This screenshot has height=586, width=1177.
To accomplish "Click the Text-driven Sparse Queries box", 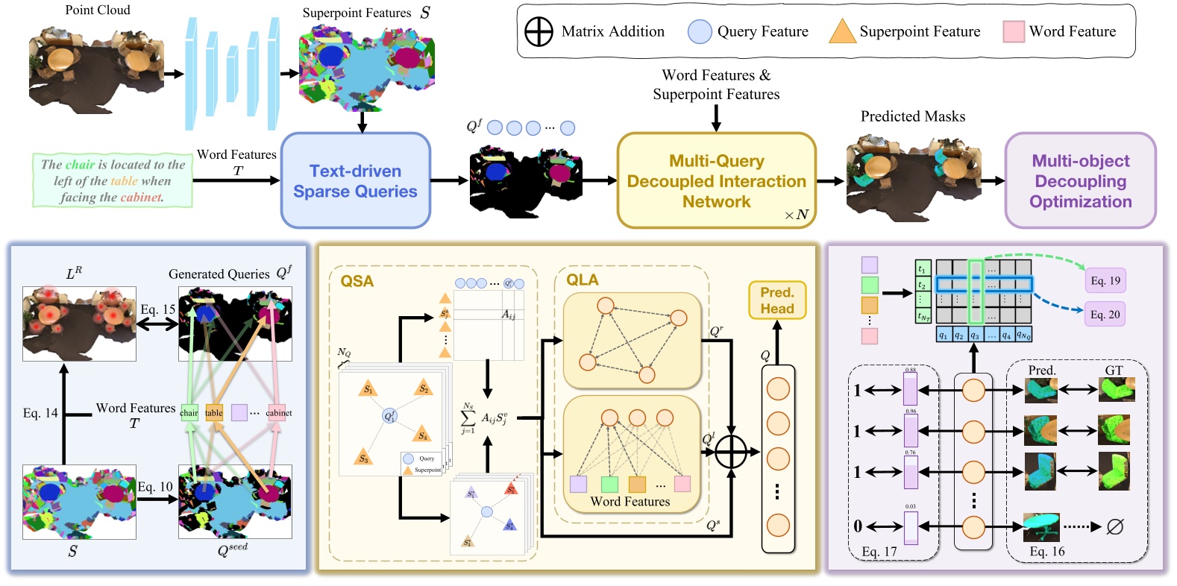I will click(355, 180).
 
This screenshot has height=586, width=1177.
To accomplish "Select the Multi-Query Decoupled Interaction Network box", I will click(716, 180).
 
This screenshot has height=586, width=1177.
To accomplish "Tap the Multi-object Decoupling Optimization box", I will click(1080, 180).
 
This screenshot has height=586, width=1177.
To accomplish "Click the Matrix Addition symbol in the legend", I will click(539, 31).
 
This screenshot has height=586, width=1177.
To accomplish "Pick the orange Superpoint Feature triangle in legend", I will click(842, 31).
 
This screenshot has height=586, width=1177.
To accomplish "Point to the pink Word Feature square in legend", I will click(1013, 31).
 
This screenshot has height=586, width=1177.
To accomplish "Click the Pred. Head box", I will click(776, 300).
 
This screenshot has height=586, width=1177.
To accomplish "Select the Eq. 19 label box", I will click(1105, 280).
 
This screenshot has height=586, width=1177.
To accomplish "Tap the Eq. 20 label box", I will click(1105, 314).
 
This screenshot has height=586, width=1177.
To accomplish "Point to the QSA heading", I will click(357, 281).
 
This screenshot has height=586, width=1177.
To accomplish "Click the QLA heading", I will click(582, 280).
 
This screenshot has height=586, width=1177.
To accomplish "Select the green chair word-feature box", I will click(189, 412).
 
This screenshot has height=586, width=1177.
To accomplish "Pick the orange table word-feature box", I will click(214, 412).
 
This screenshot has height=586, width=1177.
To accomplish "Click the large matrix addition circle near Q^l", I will click(731, 451).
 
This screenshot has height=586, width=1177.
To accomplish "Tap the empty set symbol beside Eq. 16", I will click(1114, 527).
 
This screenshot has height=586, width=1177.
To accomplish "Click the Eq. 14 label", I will click(40, 413).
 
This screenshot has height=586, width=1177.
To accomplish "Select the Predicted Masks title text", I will click(912, 116).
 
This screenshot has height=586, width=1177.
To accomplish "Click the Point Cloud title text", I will click(97, 10).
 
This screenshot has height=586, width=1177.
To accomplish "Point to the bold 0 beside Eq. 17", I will click(858, 526).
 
